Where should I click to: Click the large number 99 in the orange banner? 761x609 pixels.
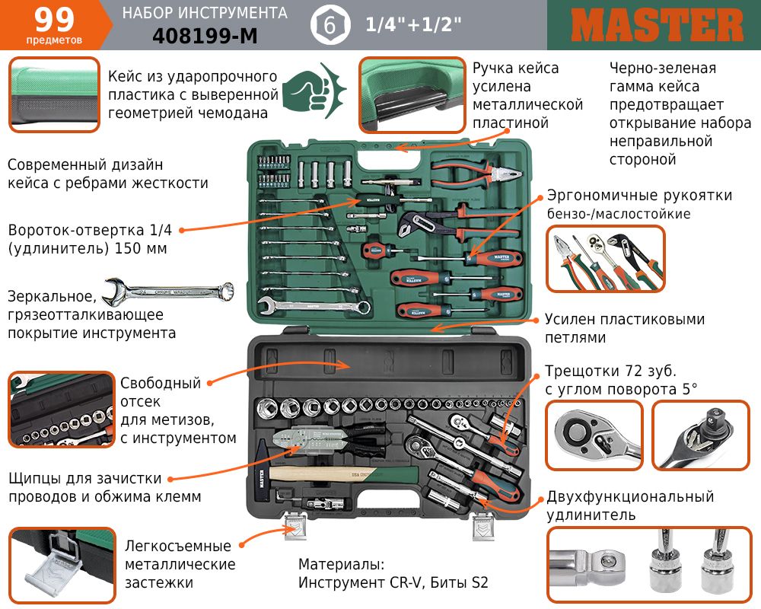pyautogui.click(x=54, y=20)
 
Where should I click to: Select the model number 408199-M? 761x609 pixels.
pyautogui.click(x=205, y=36)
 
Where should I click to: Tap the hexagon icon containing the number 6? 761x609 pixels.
pyautogui.click(x=330, y=25)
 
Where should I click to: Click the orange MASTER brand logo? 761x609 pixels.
pyautogui.click(x=657, y=25)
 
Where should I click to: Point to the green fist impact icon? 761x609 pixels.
pyautogui.click(x=314, y=90)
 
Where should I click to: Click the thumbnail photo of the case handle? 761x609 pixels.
pyautogui.click(x=412, y=95)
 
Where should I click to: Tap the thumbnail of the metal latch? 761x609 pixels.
pyautogui.click(x=62, y=566)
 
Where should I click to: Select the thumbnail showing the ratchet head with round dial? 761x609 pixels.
pyautogui.click(x=594, y=435)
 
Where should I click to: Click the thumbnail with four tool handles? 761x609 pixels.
pyautogui.click(x=605, y=258)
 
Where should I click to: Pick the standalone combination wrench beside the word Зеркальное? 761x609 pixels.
pyautogui.click(x=168, y=292)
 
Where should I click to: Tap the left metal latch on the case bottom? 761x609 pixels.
pyautogui.click(x=295, y=526)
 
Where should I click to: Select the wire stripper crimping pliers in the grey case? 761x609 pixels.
pyautogui.click(x=330, y=440)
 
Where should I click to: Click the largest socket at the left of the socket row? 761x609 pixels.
pyautogui.click(x=267, y=407)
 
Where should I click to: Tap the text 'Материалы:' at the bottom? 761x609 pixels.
pyautogui.click(x=341, y=564)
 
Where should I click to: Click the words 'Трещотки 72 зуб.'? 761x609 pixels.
pyautogui.click(x=610, y=371)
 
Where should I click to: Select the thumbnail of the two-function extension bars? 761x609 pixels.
pyautogui.click(x=649, y=564)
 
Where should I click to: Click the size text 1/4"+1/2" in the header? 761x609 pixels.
pyautogui.click(x=413, y=24)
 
